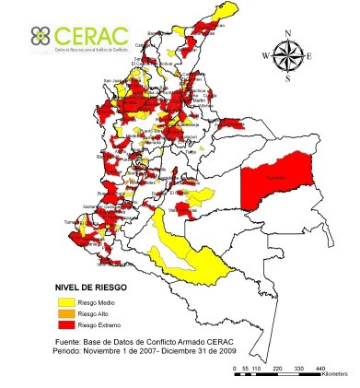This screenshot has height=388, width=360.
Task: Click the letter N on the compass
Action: (x=289, y=34)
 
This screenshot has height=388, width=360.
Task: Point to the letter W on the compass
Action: (x=266, y=56)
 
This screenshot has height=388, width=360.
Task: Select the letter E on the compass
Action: (x=311, y=56)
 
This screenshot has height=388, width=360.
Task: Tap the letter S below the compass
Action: (x=289, y=78)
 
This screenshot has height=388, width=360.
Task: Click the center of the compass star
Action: (x=289, y=56)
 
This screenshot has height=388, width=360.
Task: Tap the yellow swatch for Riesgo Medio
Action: (x=64, y=303)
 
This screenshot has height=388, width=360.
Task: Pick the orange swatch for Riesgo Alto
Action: (x=64, y=314)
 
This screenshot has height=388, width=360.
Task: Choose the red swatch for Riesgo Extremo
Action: (x=64, y=325)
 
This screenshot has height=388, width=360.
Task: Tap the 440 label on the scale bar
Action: (x=319, y=369)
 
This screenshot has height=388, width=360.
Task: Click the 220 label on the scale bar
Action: (x=275, y=369)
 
